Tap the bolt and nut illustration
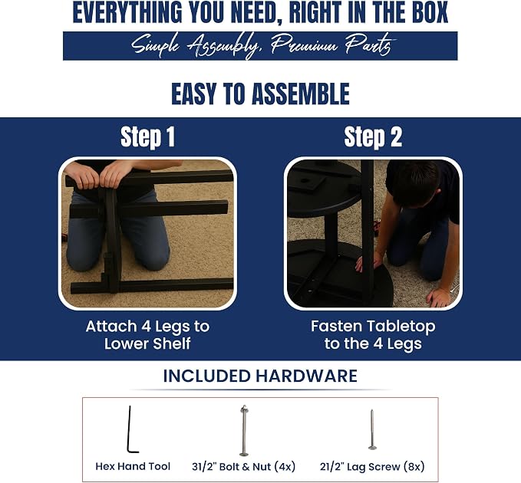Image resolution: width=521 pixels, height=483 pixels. click(244, 431)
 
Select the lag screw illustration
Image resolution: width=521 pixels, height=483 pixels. click(372, 430)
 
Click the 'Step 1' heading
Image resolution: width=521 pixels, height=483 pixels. click(147, 136)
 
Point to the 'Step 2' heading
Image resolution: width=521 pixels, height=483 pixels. click(373, 136)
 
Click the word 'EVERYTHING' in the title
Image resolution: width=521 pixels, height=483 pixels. click(127, 13)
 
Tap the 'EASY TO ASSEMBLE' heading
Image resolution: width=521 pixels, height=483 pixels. click(261, 94)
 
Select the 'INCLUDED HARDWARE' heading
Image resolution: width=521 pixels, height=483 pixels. click(260, 376)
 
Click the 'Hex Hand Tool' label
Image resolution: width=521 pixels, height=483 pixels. click(133, 466)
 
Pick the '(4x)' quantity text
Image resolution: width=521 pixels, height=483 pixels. click(285, 467)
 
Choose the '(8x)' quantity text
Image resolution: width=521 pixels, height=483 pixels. click(414, 467)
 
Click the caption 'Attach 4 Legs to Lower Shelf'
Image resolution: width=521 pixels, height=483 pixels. click(147, 335)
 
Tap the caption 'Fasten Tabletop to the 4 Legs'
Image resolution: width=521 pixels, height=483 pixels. click(373, 335)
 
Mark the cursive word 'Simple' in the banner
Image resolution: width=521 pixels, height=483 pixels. click(155, 45)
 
